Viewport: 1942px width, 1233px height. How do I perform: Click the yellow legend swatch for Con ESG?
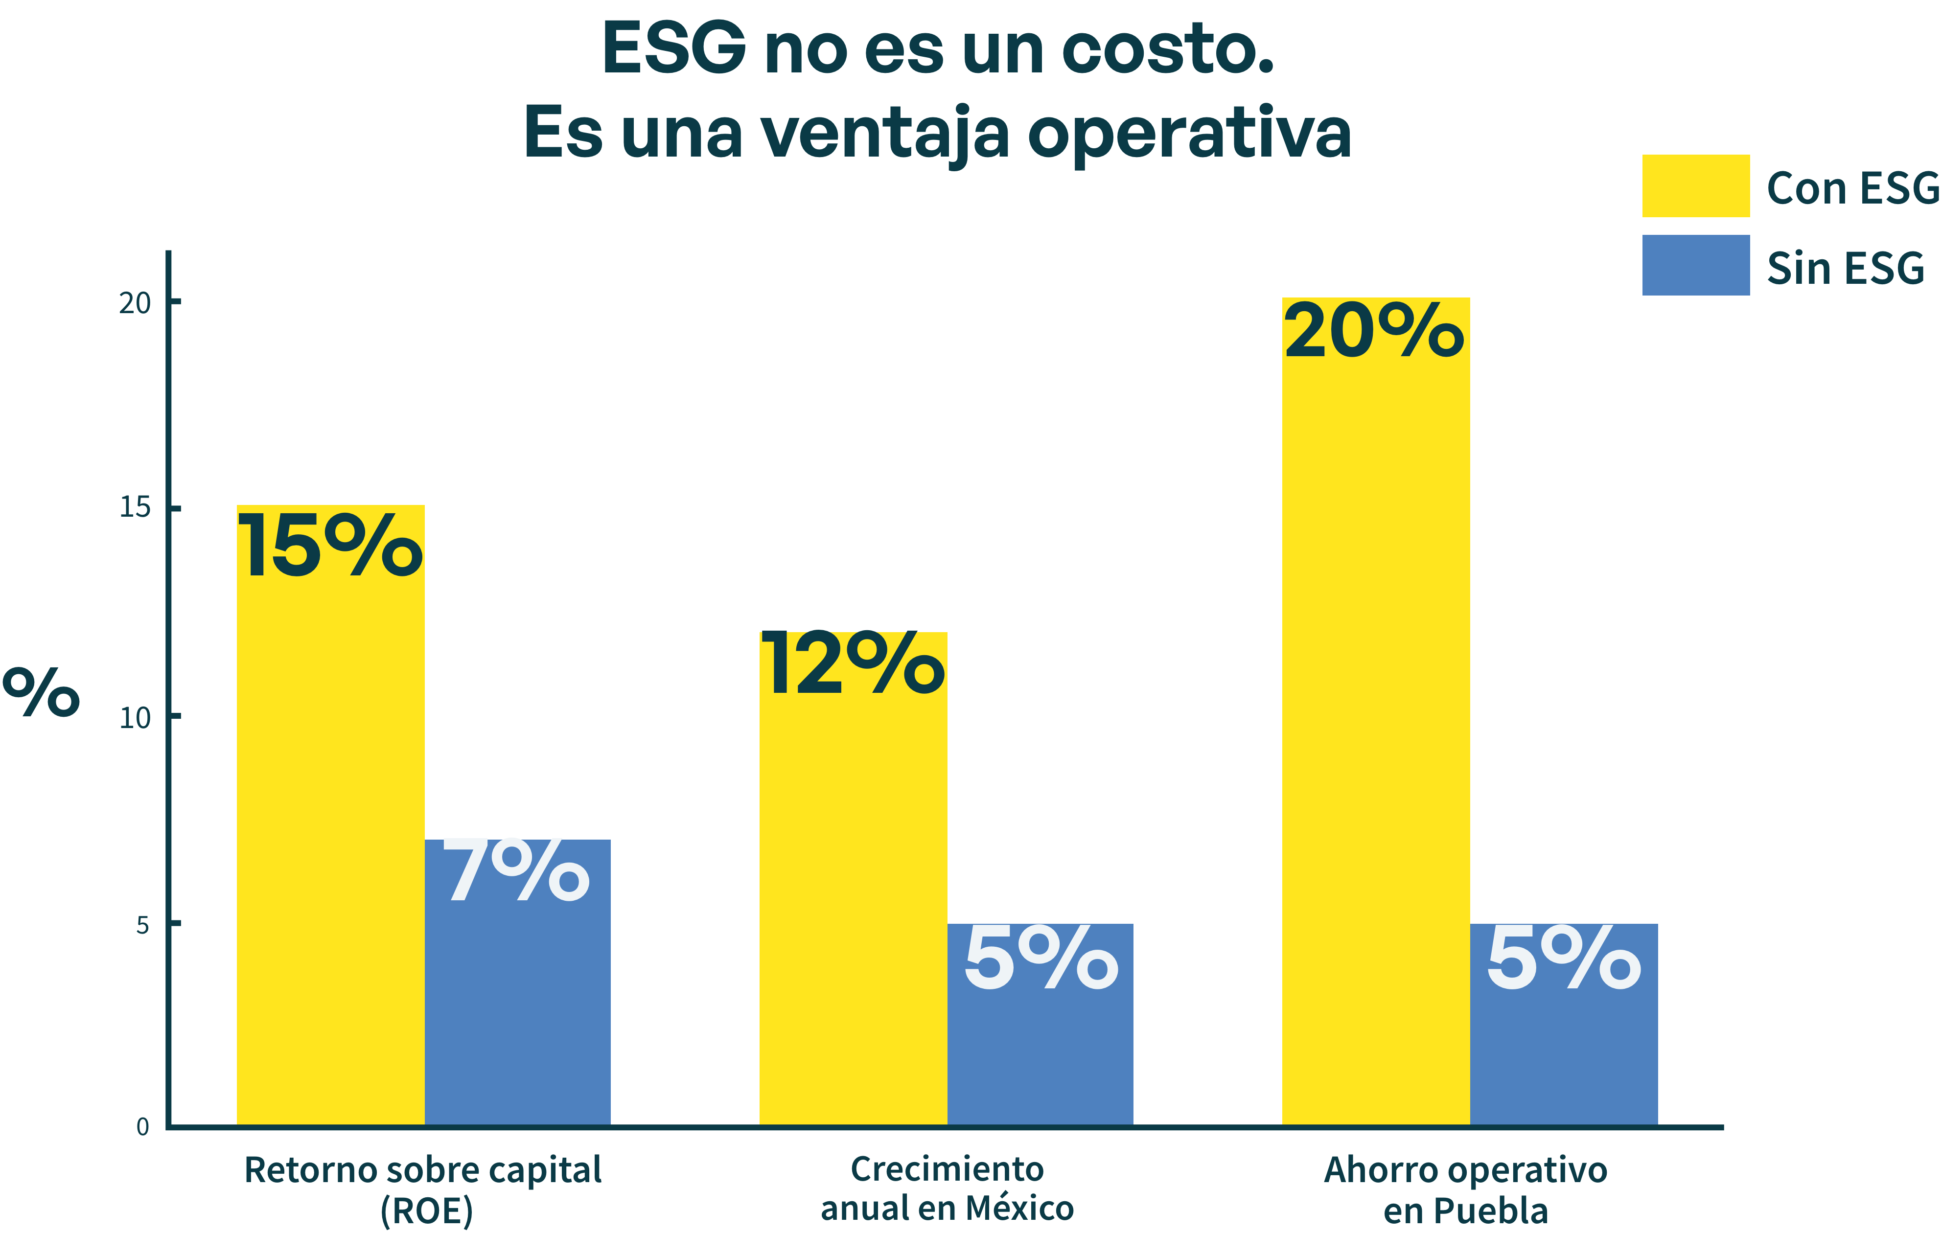[1695, 185]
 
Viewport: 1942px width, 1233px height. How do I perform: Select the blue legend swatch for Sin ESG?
[1695, 265]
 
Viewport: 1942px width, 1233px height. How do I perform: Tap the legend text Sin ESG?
[1845, 269]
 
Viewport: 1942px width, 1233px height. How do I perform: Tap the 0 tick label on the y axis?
[143, 1126]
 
